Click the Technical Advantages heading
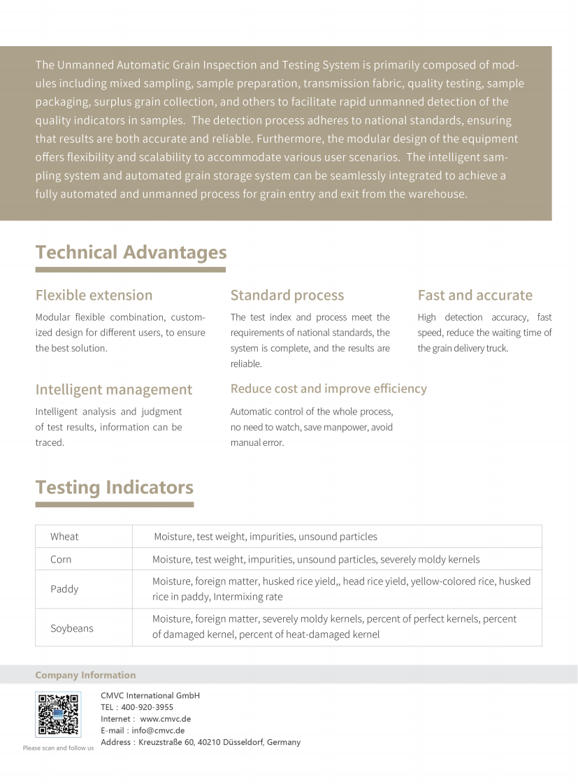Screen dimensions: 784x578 (x=131, y=252)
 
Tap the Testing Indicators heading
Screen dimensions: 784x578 (x=114, y=487)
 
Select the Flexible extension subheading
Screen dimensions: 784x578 (x=94, y=295)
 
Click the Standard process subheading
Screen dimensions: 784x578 (x=287, y=295)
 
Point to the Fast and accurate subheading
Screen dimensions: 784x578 (x=475, y=295)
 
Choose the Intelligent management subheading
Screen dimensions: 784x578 (x=113, y=389)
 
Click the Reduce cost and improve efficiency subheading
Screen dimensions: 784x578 (x=328, y=389)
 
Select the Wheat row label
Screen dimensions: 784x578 (x=64, y=537)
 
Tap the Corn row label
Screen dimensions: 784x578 (x=61, y=559)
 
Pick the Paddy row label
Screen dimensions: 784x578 (x=64, y=589)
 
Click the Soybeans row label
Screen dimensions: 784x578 (x=71, y=628)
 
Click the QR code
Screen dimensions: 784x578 (x=58, y=714)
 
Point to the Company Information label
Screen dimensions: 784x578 (x=85, y=675)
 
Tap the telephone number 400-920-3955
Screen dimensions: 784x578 (x=147, y=707)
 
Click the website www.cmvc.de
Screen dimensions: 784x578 (x=165, y=719)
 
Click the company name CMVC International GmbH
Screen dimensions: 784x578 (x=150, y=695)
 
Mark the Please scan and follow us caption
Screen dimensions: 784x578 (x=58, y=748)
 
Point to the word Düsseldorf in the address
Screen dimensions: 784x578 (x=243, y=742)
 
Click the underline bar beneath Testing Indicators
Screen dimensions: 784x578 (x=114, y=504)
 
